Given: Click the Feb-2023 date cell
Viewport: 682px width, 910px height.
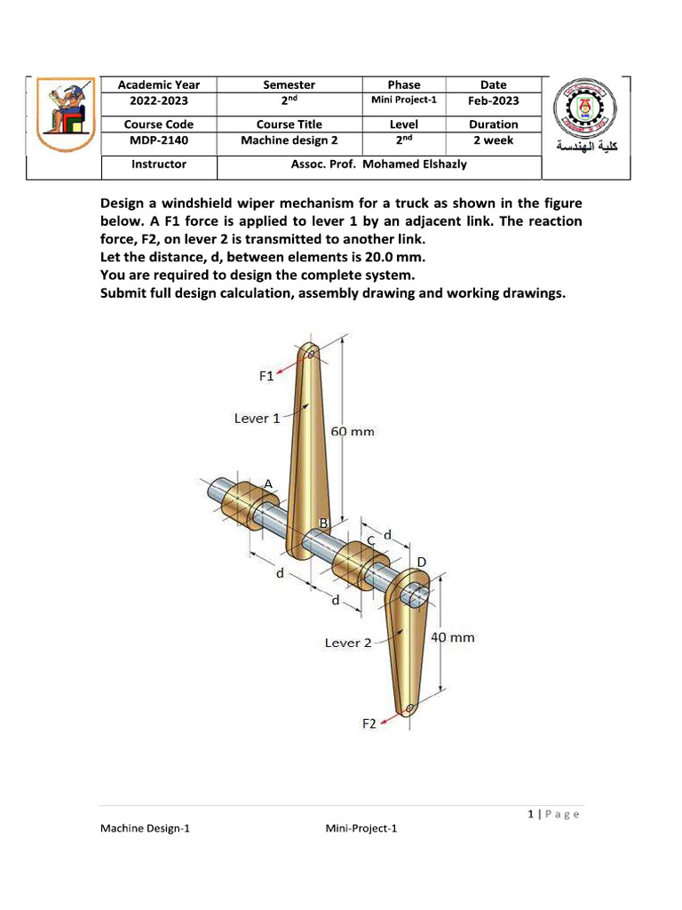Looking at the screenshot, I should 493,101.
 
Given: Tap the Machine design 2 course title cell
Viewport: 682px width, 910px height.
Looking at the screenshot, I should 289,140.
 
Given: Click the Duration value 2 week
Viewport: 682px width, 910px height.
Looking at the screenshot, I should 493,140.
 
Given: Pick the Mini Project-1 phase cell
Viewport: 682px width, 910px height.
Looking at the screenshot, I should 403,100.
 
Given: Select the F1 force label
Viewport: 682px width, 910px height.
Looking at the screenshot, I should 266,376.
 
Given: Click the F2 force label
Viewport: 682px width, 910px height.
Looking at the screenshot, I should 369,723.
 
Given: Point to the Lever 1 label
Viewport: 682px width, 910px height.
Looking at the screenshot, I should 257,418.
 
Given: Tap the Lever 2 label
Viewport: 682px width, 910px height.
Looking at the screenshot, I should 348,643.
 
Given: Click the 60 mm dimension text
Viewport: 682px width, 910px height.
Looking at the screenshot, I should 353,432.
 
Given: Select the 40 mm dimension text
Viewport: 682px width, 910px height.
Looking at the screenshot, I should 453,637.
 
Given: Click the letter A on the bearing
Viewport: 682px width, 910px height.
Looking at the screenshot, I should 267,483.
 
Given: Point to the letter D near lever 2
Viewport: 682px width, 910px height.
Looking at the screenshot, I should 422,562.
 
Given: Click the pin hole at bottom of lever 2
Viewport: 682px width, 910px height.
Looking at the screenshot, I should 408,708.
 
